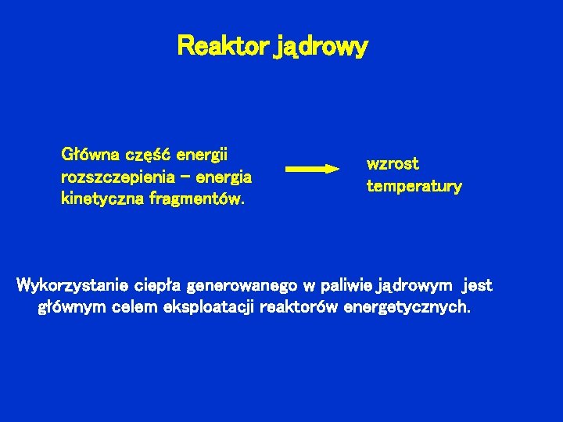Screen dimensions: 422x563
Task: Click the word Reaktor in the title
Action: pyautogui.click(x=223, y=47)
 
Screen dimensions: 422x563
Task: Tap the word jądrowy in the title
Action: pyautogui.click(x=321, y=48)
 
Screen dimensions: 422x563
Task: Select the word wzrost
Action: pyautogui.click(x=393, y=164)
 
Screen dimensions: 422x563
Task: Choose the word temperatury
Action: pyautogui.click(x=414, y=187)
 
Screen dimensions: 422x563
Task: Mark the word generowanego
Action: pyautogui.click(x=243, y=285)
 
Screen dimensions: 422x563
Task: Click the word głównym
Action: pyautogui.click(x=73, y=307)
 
